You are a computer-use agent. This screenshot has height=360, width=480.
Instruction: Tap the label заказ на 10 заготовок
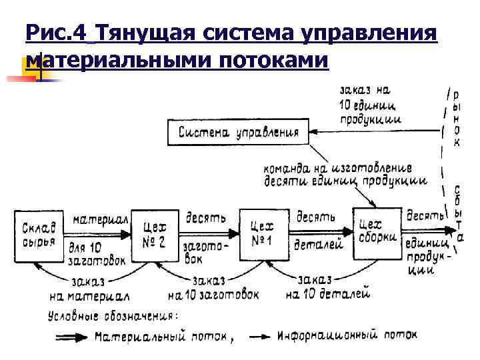point(213,287)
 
